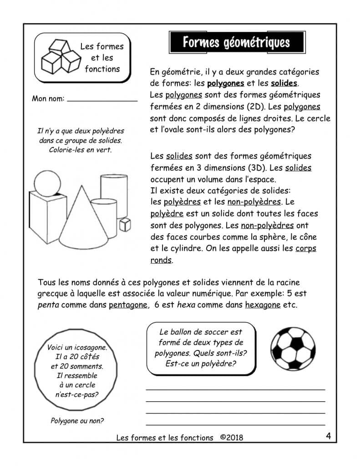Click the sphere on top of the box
point(46,184)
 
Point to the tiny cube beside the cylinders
point(125,224)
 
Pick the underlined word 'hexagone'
point(263,305)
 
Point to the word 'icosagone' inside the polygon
point(87,348)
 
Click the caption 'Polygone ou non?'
point(77,420)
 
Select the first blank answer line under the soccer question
point(235,389)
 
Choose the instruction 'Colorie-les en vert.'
point(80,149)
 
